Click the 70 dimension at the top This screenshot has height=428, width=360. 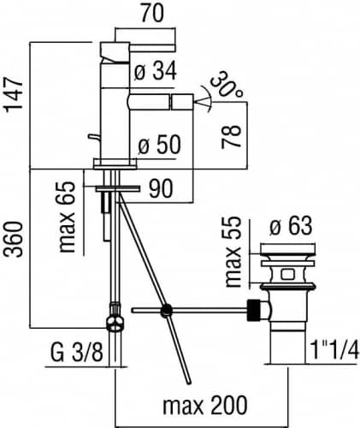(152, 14)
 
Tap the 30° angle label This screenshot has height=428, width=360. (227, 85)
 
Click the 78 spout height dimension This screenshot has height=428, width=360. (231, 136)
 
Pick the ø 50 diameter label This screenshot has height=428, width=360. (160, 145)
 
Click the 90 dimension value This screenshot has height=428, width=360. (161, 188)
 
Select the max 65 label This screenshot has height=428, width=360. (67, 217)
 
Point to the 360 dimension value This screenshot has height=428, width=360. (13, 239)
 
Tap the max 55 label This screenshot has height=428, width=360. (233, 252)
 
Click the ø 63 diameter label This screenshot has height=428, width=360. (291, 227)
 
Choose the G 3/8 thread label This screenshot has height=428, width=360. (77, 353)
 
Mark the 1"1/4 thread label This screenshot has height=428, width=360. (333, 350)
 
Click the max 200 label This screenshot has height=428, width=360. (205, 405)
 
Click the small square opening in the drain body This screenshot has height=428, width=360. (287, 275)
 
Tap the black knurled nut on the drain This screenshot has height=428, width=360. (254, 311)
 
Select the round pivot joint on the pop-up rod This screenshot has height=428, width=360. (166, 311)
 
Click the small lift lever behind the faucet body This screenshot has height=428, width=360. (93, 138)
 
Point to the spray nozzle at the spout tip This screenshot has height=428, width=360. (182, 102)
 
